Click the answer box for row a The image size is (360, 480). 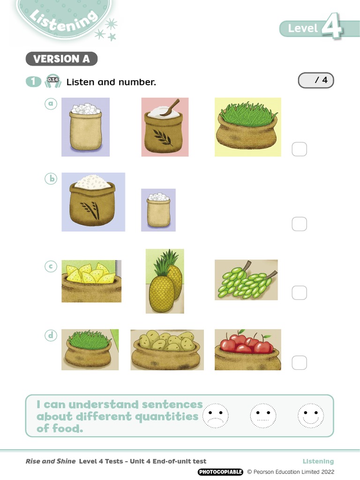(299, 149)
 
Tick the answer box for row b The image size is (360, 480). (299, 224)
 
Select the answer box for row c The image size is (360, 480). (299, 293)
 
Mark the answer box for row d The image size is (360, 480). (299, 362)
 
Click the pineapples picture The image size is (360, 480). (165, 281)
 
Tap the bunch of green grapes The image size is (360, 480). (246, 280)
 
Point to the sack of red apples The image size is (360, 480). (247, 349)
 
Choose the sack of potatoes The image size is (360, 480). (167, 350)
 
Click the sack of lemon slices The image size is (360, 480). (91, 281)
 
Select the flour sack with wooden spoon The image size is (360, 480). (165, 127)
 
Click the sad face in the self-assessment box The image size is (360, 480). (216, 416)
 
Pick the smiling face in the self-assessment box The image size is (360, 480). (311, 416)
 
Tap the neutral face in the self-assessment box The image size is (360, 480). (263, 416)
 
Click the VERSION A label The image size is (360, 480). (61, 59)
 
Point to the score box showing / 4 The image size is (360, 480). (316, 81)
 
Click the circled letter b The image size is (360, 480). (51, 179)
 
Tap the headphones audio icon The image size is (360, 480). (52, 82)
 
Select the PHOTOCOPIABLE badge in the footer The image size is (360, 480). (220, 472)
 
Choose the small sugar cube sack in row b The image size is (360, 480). (158, 210)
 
